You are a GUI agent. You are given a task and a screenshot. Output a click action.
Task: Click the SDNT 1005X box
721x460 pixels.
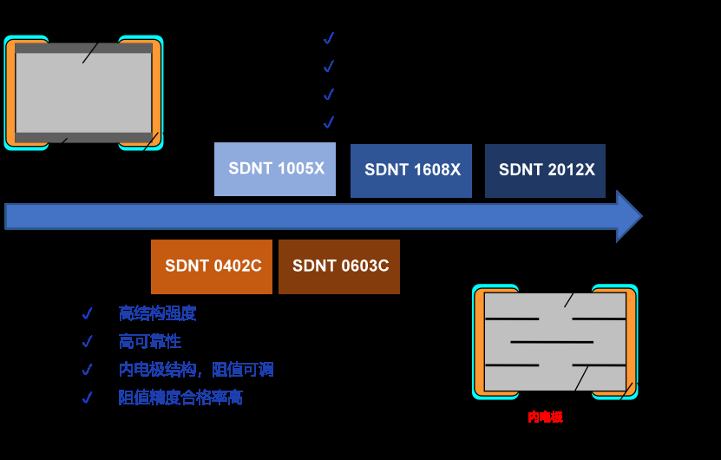click(275, 169)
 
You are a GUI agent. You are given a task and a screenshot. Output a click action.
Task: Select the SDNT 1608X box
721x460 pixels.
click(411, 170)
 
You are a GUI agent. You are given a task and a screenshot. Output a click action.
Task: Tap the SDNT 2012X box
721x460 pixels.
click(546, 170)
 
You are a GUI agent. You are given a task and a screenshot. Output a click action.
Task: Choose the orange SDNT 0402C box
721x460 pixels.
click(212, 266)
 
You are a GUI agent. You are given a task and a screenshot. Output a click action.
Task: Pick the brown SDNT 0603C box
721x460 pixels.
click(339, 266)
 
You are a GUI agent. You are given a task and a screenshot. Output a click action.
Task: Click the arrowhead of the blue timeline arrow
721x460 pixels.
click(628, 216)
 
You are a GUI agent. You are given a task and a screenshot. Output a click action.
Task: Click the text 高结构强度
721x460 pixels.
click(157, 313)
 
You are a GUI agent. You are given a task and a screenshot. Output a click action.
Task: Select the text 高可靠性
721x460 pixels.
click(149, 341)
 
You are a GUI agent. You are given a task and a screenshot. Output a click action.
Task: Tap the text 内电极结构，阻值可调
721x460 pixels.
click(195, 370)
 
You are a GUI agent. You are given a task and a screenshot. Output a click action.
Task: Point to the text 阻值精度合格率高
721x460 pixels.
click(180, 398)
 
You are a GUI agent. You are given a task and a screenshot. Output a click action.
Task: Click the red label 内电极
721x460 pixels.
click(545, 417)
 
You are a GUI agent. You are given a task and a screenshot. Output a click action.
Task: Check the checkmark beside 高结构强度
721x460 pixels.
click(87, 313)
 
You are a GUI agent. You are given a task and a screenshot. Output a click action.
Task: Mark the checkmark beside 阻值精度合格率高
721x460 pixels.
click(87, 398)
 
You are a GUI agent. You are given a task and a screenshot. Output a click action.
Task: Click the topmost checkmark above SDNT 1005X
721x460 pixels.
click(329, 38)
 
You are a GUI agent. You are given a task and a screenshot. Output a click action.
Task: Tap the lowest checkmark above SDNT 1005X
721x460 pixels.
click(329, 122)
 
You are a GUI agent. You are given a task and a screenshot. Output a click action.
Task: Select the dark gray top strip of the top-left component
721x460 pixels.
click(83, 48)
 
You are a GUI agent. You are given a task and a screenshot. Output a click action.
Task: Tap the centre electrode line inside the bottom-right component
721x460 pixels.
click(551, 342)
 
